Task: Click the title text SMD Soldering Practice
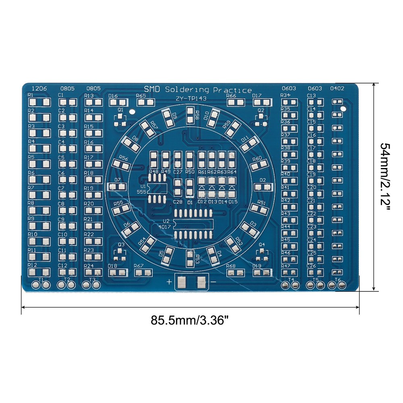[197, 89]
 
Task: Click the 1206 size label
[38, 88]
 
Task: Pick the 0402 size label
[337, 88]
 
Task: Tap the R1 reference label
[31, 95]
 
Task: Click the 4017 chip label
[166, 227]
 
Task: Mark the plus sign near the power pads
[168, 282]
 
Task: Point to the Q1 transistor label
[120, 110]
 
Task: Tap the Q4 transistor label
[262, 245]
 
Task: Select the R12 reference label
[32, 265]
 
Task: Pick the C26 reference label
[311, 266]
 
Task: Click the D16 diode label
[113, 96]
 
